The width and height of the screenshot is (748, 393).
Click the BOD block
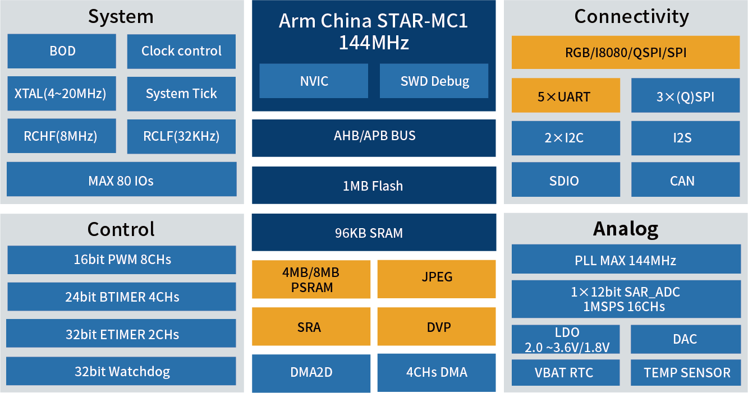(62, 51)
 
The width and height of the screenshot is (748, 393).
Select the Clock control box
(181, 51)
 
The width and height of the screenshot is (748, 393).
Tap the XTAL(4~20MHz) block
(62, 94)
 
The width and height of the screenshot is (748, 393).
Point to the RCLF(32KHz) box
(181, 136)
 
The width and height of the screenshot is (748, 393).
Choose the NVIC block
(314, 81)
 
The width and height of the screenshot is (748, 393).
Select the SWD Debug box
(434, 81)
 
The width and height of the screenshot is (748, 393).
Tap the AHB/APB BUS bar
(374, 138)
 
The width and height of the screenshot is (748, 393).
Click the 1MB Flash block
(374, 185)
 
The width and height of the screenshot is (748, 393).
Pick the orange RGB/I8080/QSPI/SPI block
(626, 52)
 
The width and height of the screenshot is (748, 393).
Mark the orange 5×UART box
(566, 95)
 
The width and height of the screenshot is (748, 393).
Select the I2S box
(685, 138)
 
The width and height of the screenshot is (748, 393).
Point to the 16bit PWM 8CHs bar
(122, 260)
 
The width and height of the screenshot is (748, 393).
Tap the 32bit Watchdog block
(121, 371)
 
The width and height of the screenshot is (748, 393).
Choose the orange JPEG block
(437, 279)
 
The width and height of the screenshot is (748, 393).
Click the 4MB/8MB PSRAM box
(311, 279)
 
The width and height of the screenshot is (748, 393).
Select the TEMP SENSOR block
(686, 373)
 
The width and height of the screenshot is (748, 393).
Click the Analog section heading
(626, 229)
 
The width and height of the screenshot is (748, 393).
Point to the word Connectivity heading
(631, 17)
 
